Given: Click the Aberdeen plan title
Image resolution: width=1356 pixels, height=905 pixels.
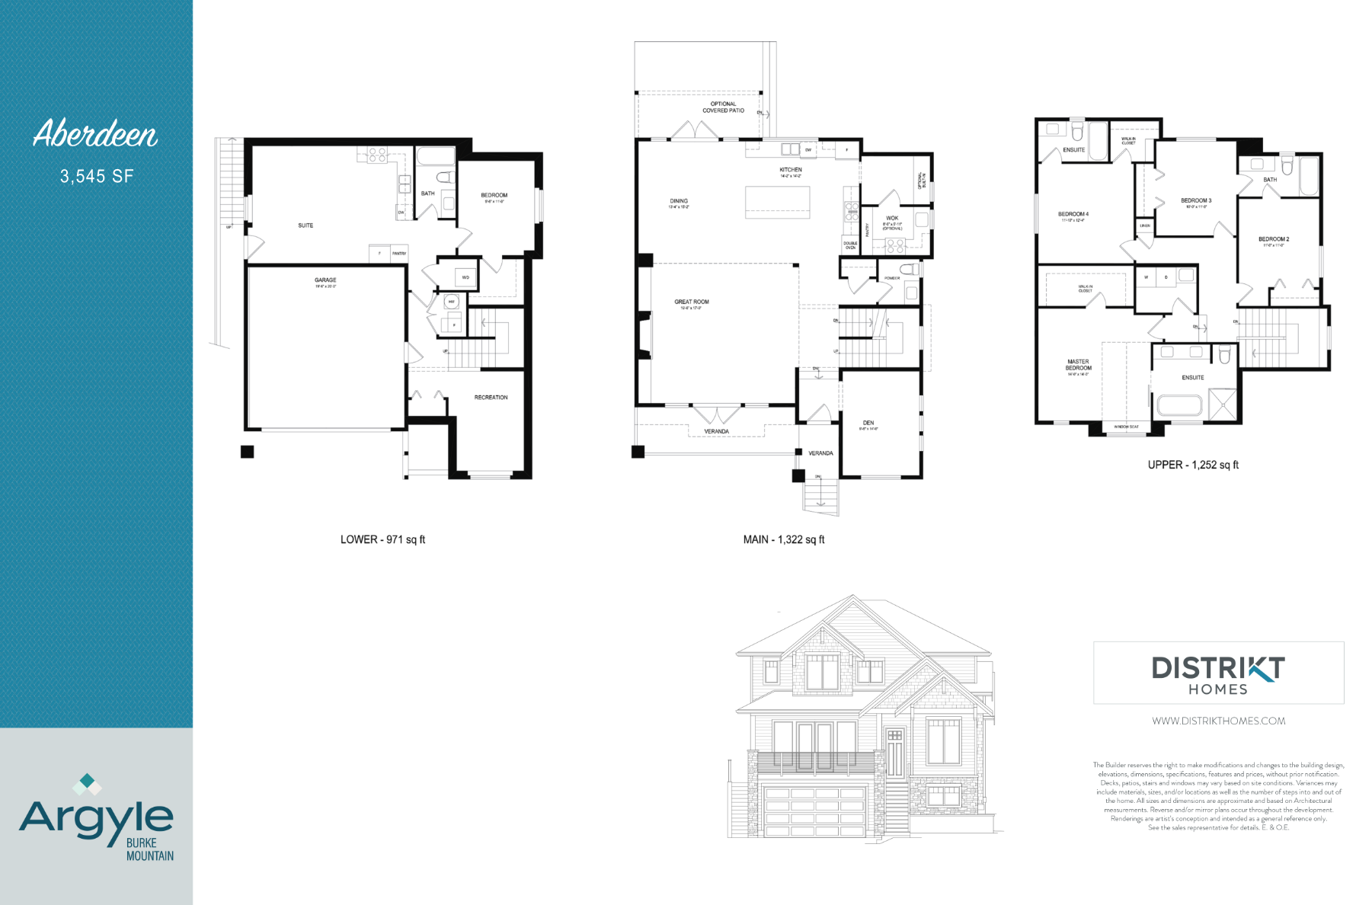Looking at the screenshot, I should [95, 134].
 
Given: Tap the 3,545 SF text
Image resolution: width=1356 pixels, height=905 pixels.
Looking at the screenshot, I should [97, 177].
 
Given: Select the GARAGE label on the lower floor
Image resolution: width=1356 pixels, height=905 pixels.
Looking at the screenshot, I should [325, 280].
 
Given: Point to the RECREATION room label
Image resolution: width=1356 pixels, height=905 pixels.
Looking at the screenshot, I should [491, 398].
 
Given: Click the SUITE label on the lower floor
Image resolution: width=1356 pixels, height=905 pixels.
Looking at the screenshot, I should [305, 225].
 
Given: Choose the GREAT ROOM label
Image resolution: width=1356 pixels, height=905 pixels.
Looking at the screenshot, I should [691, 302].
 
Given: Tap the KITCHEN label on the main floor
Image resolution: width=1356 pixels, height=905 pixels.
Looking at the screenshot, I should [791, 170].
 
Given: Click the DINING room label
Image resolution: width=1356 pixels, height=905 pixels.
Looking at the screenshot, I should [679, 202].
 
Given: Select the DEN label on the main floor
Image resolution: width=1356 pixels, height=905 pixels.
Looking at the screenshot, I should [868, 423].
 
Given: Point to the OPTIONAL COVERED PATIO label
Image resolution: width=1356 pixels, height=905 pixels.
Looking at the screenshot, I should [723, 107].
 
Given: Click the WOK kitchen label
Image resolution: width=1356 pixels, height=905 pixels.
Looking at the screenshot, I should [892, 219].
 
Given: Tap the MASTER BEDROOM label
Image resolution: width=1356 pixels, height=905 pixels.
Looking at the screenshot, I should [1078, 365].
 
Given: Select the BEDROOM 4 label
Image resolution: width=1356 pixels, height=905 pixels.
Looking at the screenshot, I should [1073, 215].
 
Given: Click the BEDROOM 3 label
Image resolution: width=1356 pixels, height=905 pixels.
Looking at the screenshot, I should [1196, 201].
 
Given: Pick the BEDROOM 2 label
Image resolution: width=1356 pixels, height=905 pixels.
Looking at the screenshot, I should [1274, 239].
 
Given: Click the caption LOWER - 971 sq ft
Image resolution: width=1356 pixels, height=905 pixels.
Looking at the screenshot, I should [382, 539].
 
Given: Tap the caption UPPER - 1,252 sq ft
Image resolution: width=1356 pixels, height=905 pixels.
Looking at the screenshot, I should [1193, 465].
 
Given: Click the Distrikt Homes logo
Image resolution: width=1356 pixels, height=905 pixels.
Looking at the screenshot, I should [1218, 673].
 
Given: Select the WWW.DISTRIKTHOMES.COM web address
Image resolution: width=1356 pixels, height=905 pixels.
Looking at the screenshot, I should [1218, 721].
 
